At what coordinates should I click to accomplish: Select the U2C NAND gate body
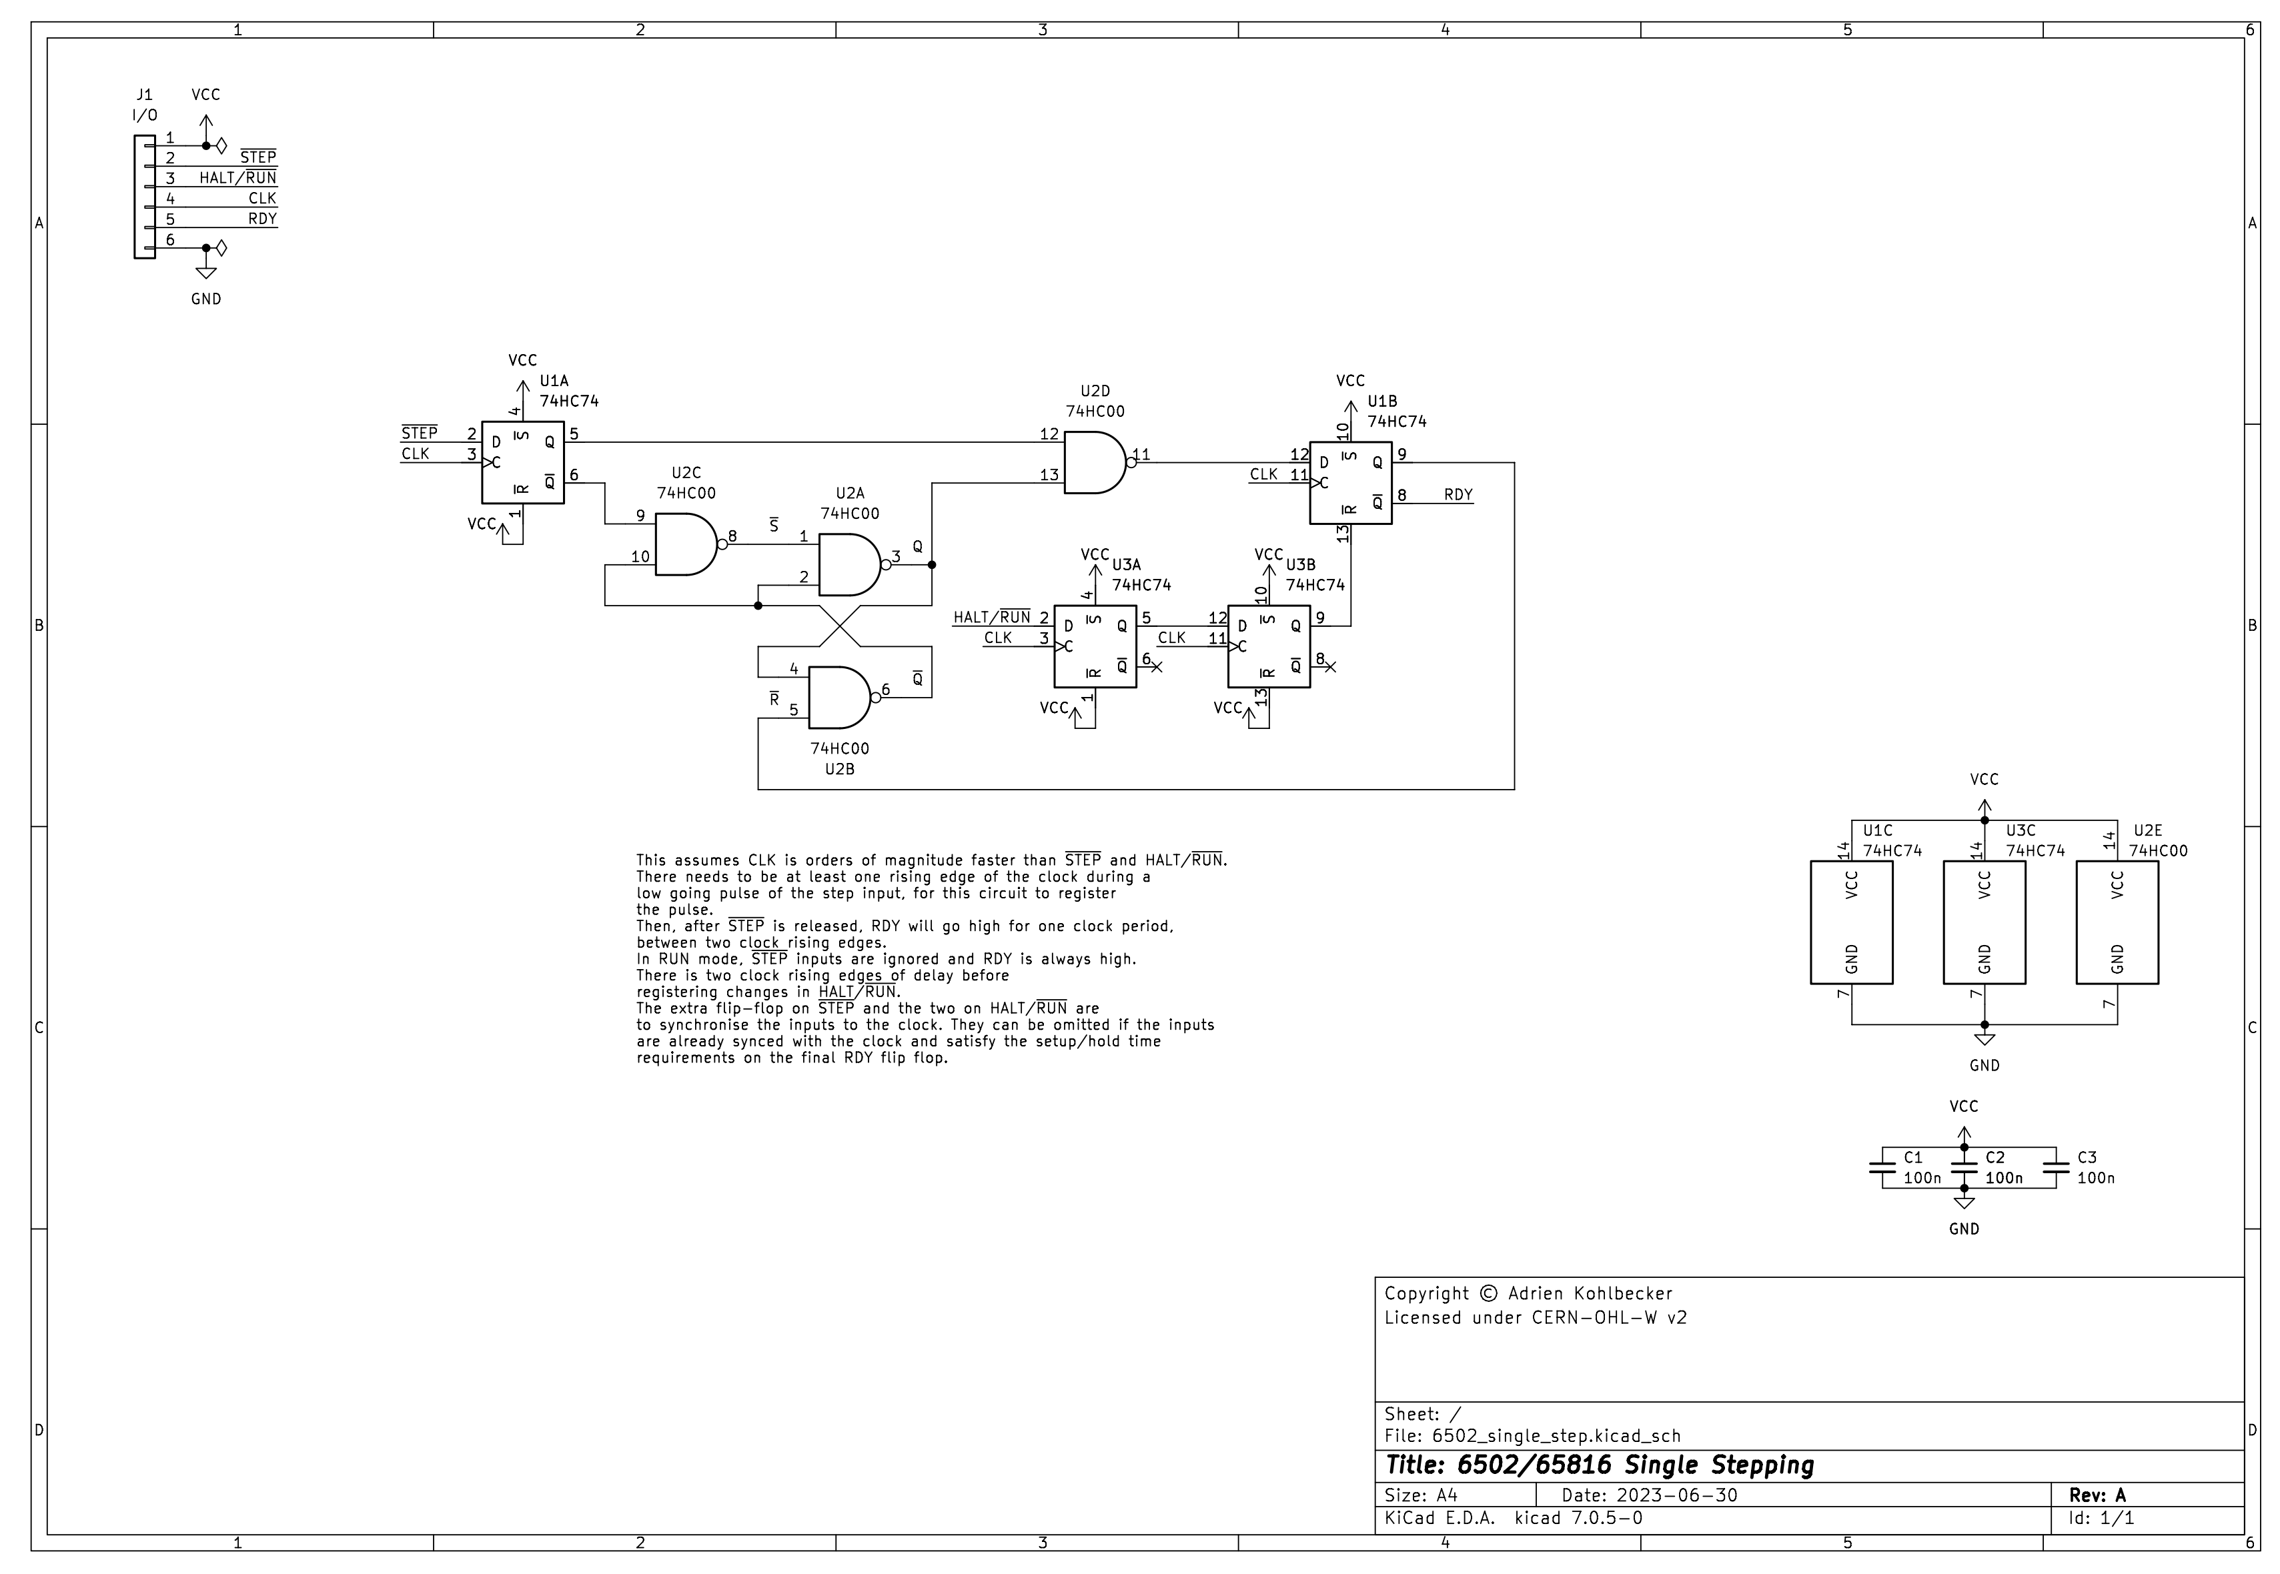pyautogui.click(x=684, y=544)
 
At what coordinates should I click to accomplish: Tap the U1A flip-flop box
pyautogui.click(x=523, y=463)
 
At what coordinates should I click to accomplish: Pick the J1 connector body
pyautogui.click(x=144, y=197)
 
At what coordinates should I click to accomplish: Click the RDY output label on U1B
pyautogui.click(x=1458, y=495)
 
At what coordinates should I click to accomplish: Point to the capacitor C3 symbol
pyautogui.click(x=2055, y=1168)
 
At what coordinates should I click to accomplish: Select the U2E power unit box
pyautogui.click(x=2117, y=922)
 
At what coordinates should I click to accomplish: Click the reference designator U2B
pyautogui.click(x=839, y=769)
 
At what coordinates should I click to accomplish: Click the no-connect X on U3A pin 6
pyautogui.click(x=1157, y=668)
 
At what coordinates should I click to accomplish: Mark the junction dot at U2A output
pyautogui.click(x=932, y=565)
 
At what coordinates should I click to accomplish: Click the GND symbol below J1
pyautogui.click(x=206, y=272)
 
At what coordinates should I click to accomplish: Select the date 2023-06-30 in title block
pyautogui.click(x=1676, y=1495)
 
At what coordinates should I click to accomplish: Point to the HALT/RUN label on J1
pyautogui.click(x=237, y=177)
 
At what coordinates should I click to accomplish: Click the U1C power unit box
pyautogui.click(x=1851, y=922)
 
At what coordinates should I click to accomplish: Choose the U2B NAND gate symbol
pyautogui.click(x=839, y=697)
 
